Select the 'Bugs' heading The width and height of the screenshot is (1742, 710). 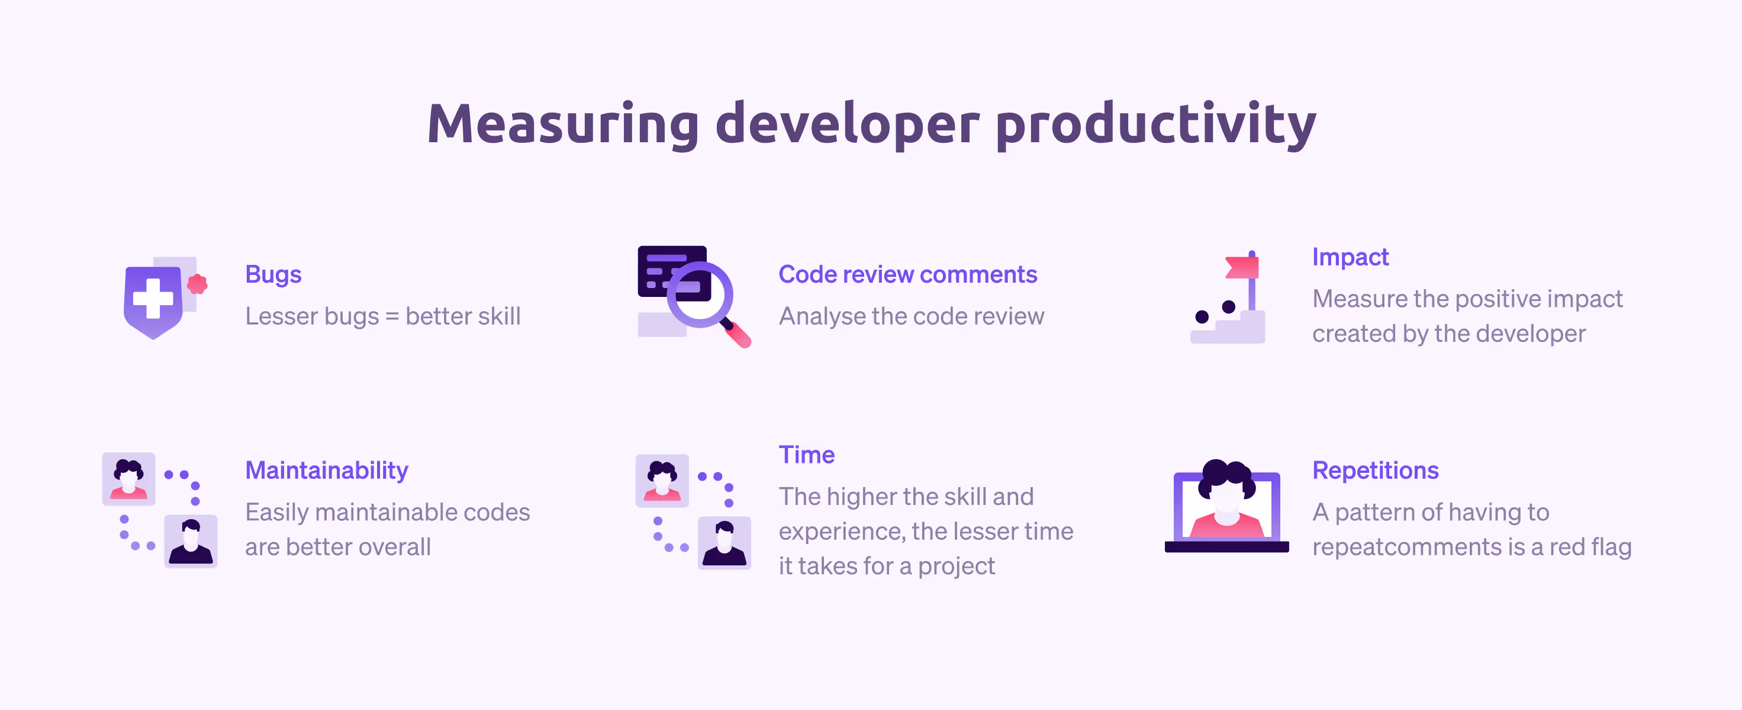273,275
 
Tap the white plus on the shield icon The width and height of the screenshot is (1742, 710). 153,298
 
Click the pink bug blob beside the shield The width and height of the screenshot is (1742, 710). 198,284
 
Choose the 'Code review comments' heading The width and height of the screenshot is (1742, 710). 907,274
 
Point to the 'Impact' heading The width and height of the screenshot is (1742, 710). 1351,258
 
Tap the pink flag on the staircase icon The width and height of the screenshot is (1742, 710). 1242,267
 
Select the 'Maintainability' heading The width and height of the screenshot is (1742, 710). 327,471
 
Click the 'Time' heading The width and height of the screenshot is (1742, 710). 807,455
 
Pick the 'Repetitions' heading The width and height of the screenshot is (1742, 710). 1376,471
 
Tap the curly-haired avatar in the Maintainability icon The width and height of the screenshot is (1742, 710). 128,478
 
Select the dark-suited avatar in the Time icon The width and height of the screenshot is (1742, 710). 725,543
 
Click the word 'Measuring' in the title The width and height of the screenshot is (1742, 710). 564,124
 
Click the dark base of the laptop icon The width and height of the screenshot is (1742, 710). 1226,547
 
